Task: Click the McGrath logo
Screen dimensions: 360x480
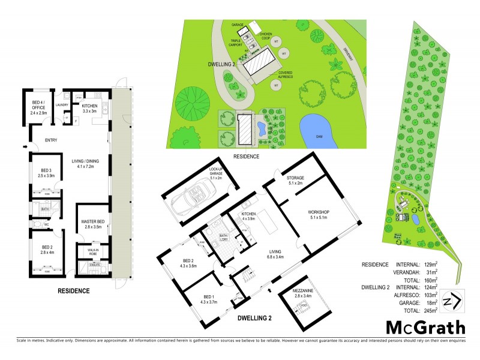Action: coord(425,328)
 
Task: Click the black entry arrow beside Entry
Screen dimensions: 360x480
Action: coord(25,146)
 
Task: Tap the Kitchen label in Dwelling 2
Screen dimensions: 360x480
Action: coord(248,216)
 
